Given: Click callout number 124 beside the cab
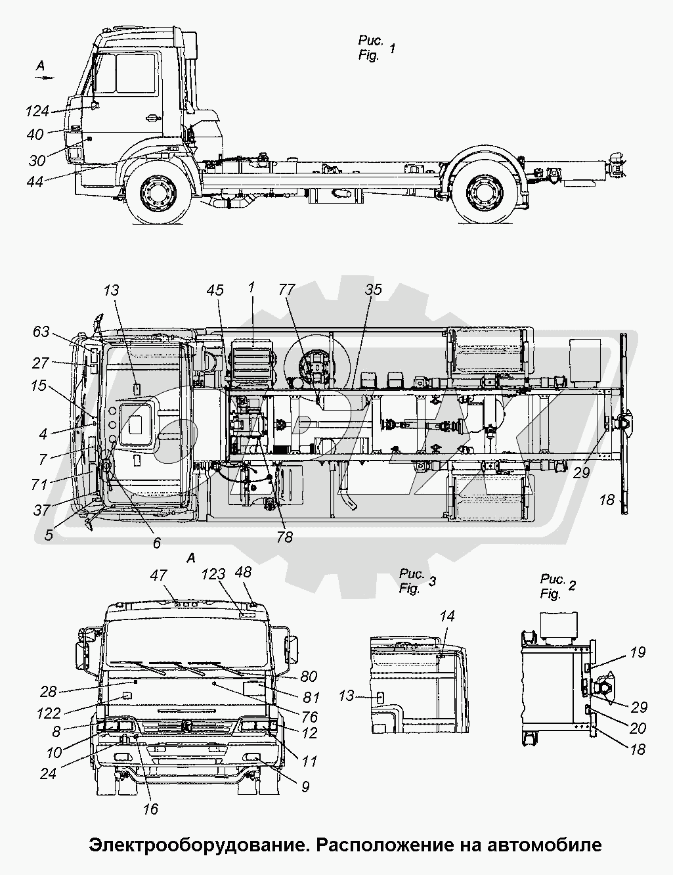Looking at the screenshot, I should coord(37,110).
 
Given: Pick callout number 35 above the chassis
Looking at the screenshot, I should coord(374,290).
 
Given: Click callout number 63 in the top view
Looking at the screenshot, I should coord(41,332).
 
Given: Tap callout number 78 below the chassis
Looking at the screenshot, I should coord(284,537).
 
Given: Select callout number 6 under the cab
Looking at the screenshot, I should coord(156,543).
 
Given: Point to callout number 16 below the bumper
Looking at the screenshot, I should coord(150,809).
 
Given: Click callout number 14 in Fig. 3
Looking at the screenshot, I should coord(447,617).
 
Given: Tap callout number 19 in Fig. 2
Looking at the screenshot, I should coord(638,652).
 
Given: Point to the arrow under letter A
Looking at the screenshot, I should coord(43,78).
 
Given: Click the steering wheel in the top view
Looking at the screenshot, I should coord(106,464).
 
